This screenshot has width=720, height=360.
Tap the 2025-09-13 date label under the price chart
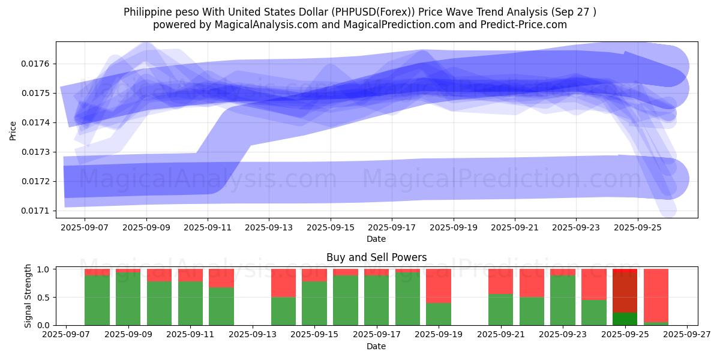point(269,228)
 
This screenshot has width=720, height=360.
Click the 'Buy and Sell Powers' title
point(376,257)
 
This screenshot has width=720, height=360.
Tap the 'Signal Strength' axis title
point(28,296)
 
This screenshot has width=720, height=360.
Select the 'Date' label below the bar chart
point(376,346)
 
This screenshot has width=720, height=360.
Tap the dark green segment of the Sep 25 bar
point(625,319)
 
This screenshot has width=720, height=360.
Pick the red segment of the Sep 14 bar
point(283,283)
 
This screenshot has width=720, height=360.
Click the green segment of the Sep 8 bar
point(97,300)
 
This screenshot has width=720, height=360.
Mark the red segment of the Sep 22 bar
point(532,283)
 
